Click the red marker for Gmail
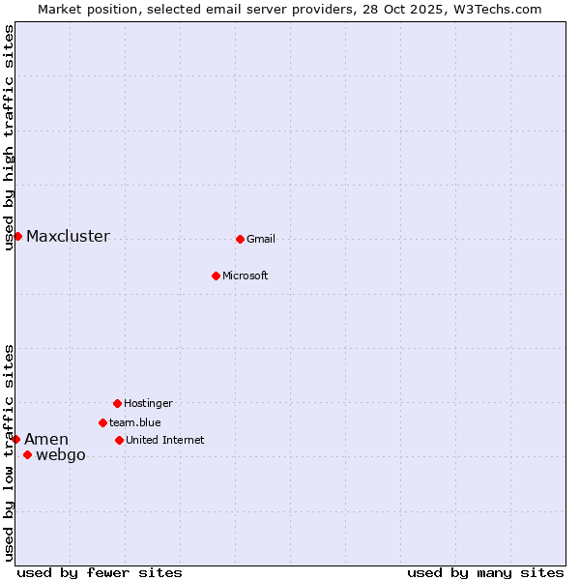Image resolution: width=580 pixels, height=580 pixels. [x=240, y=239]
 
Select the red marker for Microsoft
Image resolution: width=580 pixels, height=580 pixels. [x=216, y=275]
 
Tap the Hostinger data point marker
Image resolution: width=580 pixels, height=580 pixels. [x=117, y=403]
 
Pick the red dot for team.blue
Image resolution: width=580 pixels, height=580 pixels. [x=102, y=422]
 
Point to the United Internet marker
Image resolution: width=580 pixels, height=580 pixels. [x=119, y=440]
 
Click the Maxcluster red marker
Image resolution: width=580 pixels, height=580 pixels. [x=17, y=236]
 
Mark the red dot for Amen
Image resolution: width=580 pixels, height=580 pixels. [x=15, y=439]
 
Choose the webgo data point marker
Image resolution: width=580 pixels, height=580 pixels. [x=27, y=454]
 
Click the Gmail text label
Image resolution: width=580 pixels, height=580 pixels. [x=261, y=240]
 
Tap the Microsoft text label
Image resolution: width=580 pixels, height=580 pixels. [x=246, y=276]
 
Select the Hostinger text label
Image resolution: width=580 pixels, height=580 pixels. [x=148, y=404]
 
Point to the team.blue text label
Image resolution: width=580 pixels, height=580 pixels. [x=135, y=423]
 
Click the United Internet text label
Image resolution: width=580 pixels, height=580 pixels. [x=165, y=441]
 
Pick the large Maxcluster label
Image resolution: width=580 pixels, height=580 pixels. [x=68, y=237]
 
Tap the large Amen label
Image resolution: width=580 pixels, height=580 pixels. [x=46, y=440]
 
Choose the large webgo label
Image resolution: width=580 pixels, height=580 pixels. [x=61, y=455]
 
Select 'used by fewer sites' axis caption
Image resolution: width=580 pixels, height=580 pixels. [x=100, y=573]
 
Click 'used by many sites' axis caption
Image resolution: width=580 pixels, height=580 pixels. [x=485, y=573]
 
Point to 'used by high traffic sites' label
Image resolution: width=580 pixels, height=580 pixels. [x=10, y=137]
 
